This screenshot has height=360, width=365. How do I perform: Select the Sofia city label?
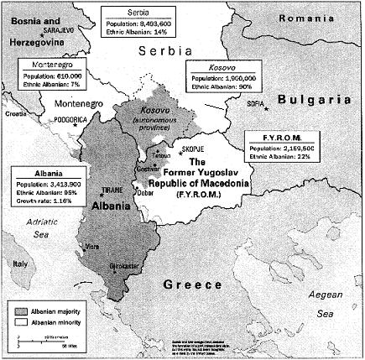pos(253,107)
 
